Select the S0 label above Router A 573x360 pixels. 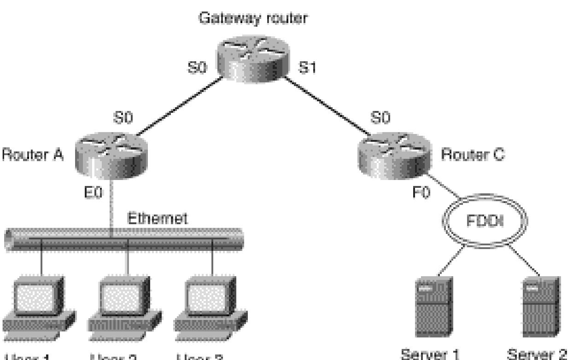(123, 118)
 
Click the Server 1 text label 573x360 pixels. (430, 354)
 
